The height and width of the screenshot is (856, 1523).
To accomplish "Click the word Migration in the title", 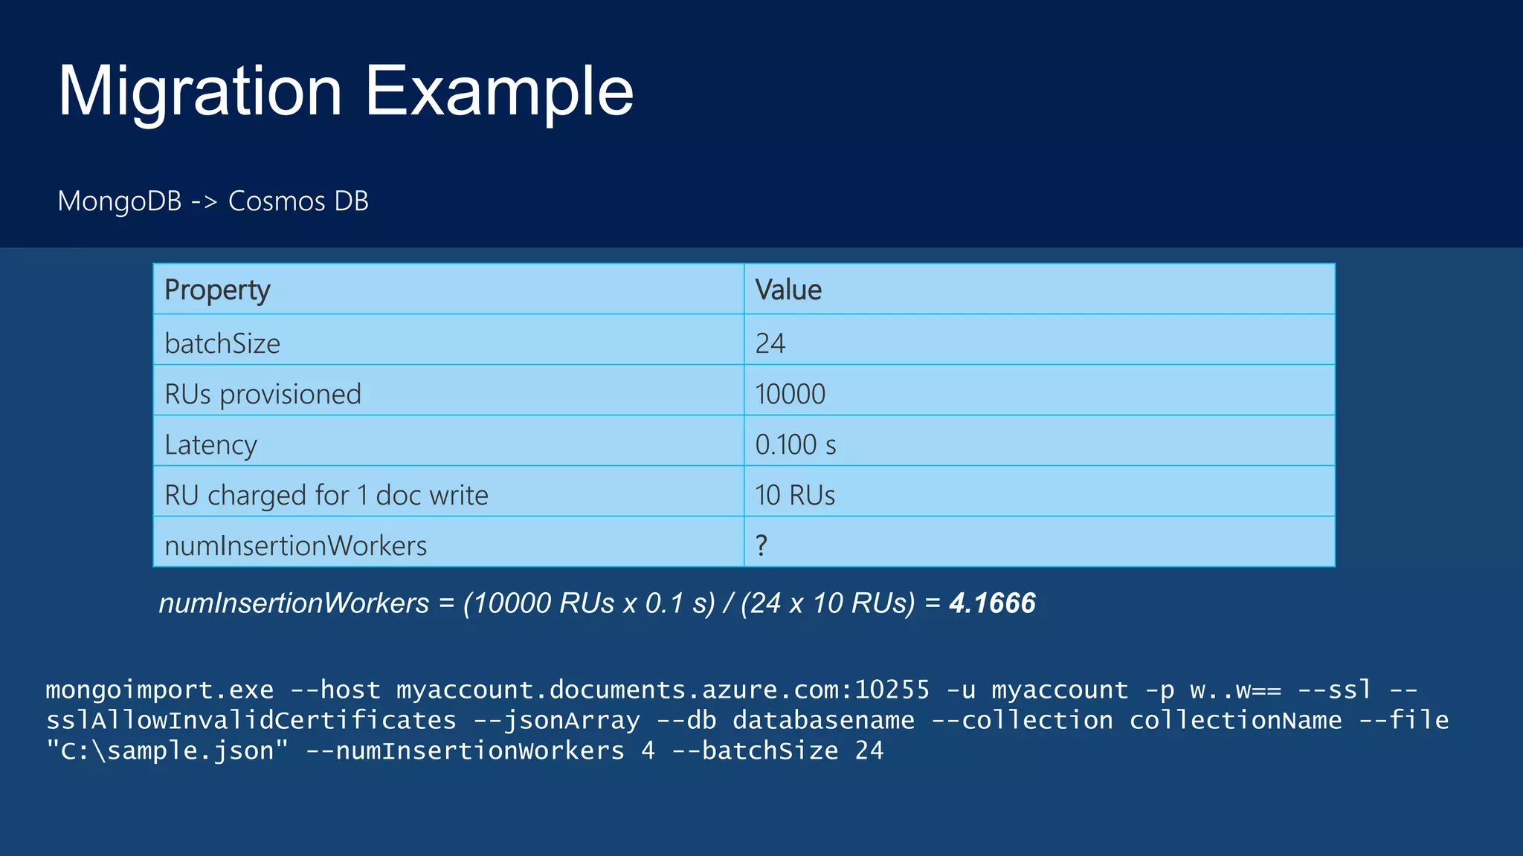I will coord(199,92).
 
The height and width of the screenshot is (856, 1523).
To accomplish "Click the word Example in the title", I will coord(499,92).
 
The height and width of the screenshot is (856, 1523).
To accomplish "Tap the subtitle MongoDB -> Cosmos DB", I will coord(213,201).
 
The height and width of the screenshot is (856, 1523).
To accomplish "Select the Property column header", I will coord(217,290).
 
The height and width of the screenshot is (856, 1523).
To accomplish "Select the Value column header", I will coord(788,290).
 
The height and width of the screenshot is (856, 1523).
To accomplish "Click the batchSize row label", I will coord(222,343).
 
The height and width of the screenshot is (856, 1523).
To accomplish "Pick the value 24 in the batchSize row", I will coord(770,343).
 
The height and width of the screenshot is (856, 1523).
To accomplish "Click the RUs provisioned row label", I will coord(263,394).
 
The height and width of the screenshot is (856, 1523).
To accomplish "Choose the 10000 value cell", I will coord(790,394).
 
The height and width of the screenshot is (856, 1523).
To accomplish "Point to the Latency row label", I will coord(210,444).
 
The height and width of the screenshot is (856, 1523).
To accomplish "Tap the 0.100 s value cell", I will coord(796,444).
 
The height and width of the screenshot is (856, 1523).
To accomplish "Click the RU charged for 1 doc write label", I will coord(326,495).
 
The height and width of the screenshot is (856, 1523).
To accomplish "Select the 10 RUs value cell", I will coord(795,495).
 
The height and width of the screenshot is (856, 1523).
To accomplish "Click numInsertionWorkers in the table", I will coord(295,545).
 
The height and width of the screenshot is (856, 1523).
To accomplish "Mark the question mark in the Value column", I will coord(761,545).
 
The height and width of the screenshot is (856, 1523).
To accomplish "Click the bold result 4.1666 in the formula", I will coord(992,603).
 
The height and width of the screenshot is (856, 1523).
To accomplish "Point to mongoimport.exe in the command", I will coord(160,690).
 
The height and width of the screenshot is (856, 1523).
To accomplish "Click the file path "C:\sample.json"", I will coord(167,751).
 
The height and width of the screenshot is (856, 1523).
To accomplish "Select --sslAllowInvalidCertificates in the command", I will coord(251,721).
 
